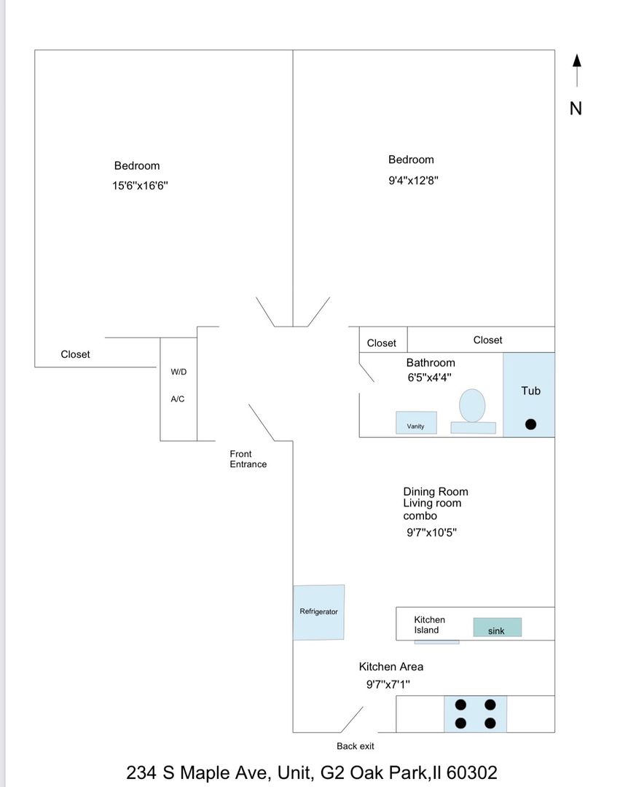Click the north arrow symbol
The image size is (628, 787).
coord(576,71)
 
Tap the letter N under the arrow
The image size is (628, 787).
coord(576,109)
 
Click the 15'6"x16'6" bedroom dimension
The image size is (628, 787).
coord(140,186)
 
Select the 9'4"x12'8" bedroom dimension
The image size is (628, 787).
coord(413,179)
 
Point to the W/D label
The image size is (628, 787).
coord(178,372)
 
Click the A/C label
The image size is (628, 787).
coord(178,399)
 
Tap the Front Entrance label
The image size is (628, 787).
coord(248,459)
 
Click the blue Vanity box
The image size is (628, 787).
coord(416,423)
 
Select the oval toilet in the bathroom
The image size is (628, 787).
coord(472,405)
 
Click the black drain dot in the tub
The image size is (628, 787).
coord(531,424)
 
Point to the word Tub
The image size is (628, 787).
coord(530,391)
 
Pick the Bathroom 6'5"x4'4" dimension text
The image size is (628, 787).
coord(429,377)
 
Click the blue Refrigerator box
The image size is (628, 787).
coord(319,612)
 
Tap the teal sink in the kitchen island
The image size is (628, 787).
coord(497,627)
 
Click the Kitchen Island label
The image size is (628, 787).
coord(429,624)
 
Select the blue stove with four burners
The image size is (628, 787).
coord(475,714)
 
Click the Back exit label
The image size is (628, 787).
coord(356,746)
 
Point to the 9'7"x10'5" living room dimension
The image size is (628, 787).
coord(431,533)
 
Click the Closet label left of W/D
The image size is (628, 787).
coord(75,354)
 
